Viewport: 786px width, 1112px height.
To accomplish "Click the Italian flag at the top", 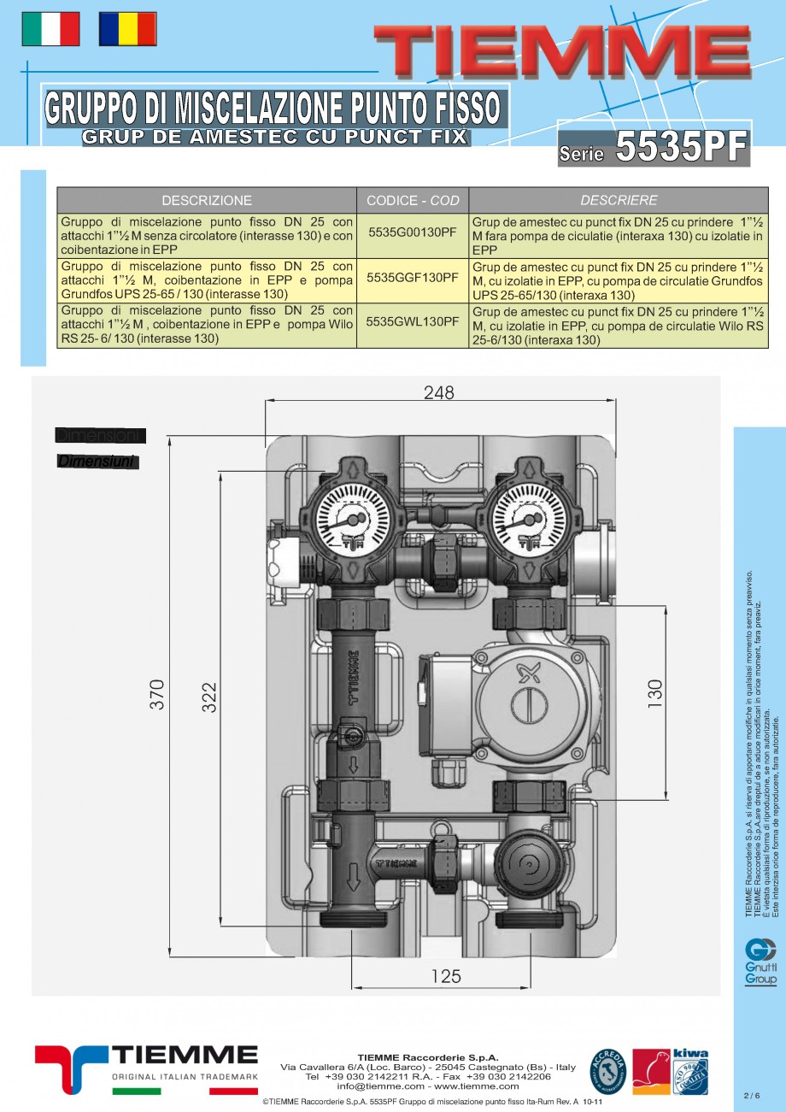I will tap(50, 29).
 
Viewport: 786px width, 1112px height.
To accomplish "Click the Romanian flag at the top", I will tap(127, 29).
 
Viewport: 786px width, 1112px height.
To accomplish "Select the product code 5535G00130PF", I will tap(412, 232).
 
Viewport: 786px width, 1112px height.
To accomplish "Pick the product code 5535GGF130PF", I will tap(412, 278).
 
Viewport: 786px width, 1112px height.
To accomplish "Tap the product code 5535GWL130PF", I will tap(412, 322).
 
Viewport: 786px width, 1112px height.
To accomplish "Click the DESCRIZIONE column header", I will tap(207, 200).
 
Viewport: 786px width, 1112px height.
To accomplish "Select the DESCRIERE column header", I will tap(619, 200).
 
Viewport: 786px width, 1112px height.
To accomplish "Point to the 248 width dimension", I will tap(439, 392).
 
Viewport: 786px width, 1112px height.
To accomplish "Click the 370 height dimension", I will tap(157, 695).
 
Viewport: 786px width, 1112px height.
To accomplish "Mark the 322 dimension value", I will tap(209, 697).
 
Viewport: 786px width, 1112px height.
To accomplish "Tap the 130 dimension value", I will tap(655, 694).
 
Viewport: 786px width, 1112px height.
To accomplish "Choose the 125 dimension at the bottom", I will tap(446, 976).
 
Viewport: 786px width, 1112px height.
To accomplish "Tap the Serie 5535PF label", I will tap(654, 148).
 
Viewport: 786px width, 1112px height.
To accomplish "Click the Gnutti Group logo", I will tap(760, 962).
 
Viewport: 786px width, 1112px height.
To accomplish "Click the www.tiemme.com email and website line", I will tap(428, 1086).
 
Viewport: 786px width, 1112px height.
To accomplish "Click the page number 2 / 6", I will tap(751, 1095).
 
